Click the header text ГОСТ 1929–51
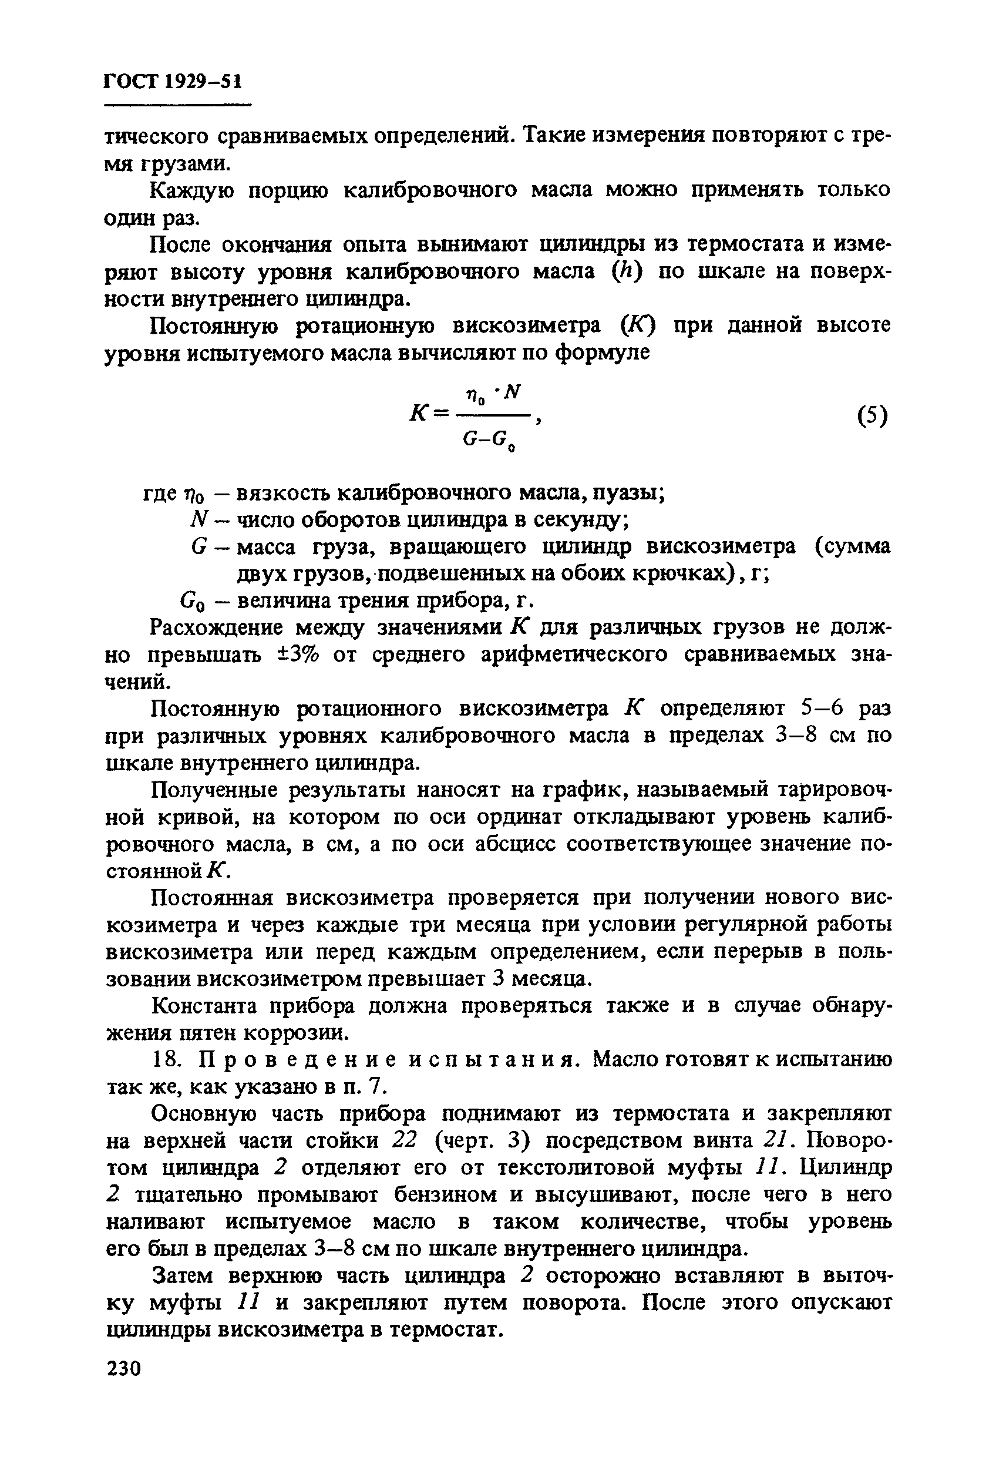[x=173, y=82]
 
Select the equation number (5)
[x=873, y=415]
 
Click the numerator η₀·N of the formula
[x=493, y=394]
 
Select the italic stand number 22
[x=406, y=1140]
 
